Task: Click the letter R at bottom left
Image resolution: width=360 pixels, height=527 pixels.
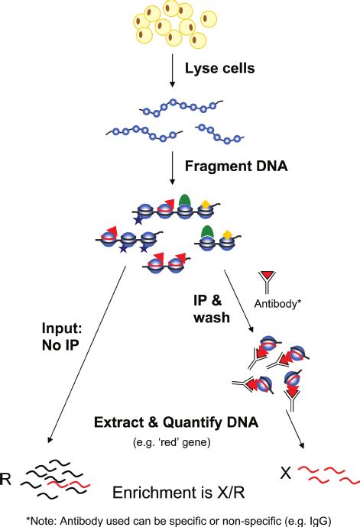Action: click(8, 479)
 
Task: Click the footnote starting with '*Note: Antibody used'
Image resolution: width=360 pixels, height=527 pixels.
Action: click(180, 519)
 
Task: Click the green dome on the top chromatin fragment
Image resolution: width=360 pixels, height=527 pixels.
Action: click(184, 201)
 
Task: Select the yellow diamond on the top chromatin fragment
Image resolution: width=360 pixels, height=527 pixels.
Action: click(206, 204)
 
